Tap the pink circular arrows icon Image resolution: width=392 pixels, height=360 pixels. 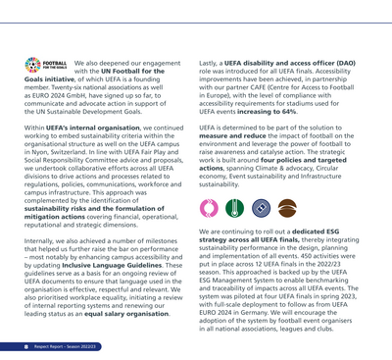(x=207, y=207)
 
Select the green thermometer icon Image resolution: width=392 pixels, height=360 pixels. (x=233, y=207)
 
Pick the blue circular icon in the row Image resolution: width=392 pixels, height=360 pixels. (x=260, y=207)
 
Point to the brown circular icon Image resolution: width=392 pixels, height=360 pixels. (x=287, y=207)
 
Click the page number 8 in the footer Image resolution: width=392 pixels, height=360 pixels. (x=25, y=346)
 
